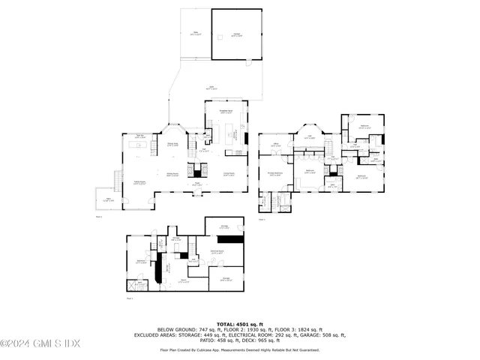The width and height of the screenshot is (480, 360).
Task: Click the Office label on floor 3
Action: (275, 145)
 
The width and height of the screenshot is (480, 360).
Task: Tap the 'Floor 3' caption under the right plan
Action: (262, 220)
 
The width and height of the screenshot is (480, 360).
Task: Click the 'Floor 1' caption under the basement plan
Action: (130, 299)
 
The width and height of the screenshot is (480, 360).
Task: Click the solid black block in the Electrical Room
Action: (234, 238)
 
